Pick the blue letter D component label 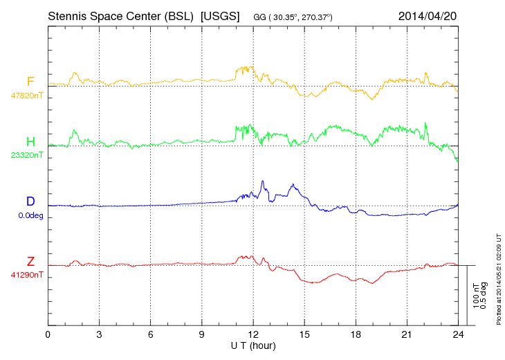pyautogui.click(x=30, y=201)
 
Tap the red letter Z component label pyautogui.click(x=30, y=261)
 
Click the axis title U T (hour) pyautogui.click(x=253, y=345)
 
